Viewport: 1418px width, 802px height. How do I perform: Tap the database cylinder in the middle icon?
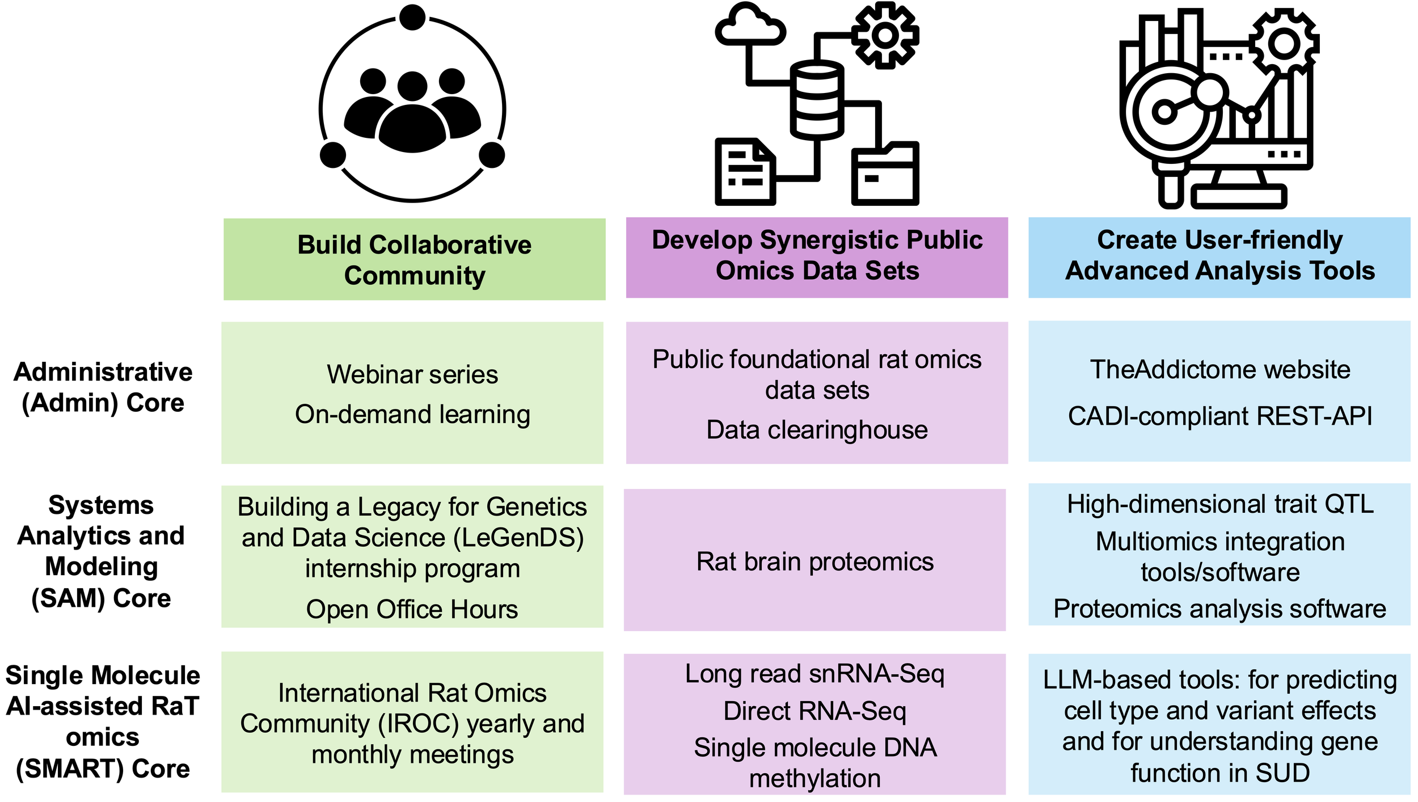[x=817, y=100]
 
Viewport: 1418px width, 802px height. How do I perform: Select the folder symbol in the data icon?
[x=885, y=173]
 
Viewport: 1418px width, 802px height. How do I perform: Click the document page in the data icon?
[x=745, y=171]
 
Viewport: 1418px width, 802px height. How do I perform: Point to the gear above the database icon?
[x=885, y=36]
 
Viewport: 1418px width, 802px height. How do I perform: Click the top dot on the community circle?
[x=412, y=17]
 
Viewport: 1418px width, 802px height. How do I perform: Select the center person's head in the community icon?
[x=412, y=86]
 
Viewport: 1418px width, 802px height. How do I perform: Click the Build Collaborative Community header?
[x=415, y=260]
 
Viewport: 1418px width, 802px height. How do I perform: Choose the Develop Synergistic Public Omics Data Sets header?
[x=817, y=255]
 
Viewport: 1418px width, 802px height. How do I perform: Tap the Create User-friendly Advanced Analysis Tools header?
[x=1220, y=255]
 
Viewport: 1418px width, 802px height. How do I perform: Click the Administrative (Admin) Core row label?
[x=103, y=387]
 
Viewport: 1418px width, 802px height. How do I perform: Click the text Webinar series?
[x=412, y=374]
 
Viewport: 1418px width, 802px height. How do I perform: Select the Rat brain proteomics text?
[x=815, y=562]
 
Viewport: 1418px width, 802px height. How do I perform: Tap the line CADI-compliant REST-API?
[x=1220, y=416]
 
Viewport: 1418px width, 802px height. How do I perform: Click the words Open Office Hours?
[x=412, y=609]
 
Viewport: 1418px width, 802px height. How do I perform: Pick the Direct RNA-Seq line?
[x=815, y=711]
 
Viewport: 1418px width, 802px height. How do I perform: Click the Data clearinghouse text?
[x=817, y=430]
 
